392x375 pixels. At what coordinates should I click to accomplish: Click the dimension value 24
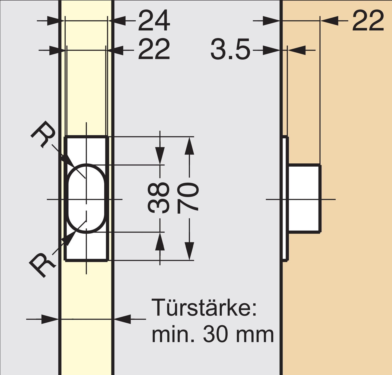154,21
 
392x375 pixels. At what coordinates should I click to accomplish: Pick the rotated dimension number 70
188,198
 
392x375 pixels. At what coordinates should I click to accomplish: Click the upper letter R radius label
43,134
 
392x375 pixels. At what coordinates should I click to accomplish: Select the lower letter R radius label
42,265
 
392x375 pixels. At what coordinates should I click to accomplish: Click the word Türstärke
204,308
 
